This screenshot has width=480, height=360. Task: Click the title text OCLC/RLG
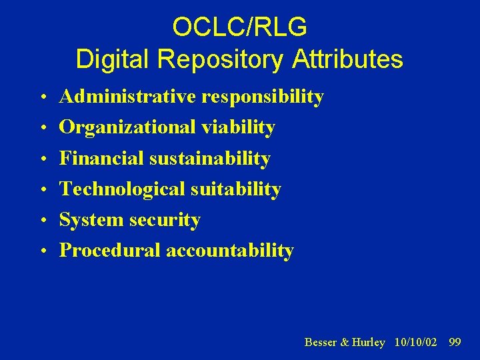point(239,27)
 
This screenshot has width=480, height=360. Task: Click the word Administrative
point(128,97)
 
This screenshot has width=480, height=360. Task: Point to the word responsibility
point(263,97)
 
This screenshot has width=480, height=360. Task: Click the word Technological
point(123,189)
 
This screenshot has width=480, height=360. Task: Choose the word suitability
point(236,189)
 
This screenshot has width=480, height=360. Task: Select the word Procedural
point(110,251)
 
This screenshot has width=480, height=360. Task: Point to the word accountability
point(229,251)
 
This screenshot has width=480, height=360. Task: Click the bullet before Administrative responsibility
point(42,98)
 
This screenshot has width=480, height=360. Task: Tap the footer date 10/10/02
point(415,342)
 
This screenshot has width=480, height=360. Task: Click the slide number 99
point(455,342)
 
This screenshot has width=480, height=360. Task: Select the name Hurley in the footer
point(369,342)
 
